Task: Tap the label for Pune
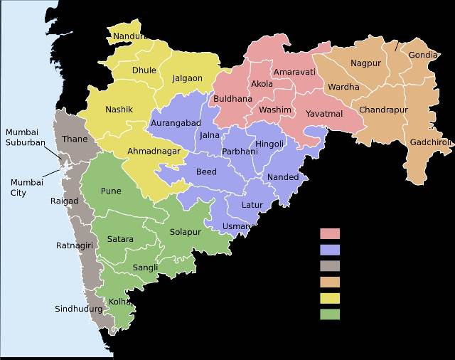tap(111, 191)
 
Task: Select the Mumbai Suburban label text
tap(26, 137)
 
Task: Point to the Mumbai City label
tap(27, 187)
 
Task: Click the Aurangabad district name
tap(176, 123)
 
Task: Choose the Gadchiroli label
tap(431, 142)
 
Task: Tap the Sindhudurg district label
tap(78, 309)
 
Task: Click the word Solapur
tap(186, 232)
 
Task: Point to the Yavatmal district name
tap(324, 114)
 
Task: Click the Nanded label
tap(282, 177)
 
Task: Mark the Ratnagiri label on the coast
tap(75, 246)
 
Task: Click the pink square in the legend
tap(330, 233)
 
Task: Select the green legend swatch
tap(330, 314)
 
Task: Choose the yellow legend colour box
tap(330, 298)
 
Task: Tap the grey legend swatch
tap(330, 266)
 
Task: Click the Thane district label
tap(75, 139)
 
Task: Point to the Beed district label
tap(206, 172)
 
